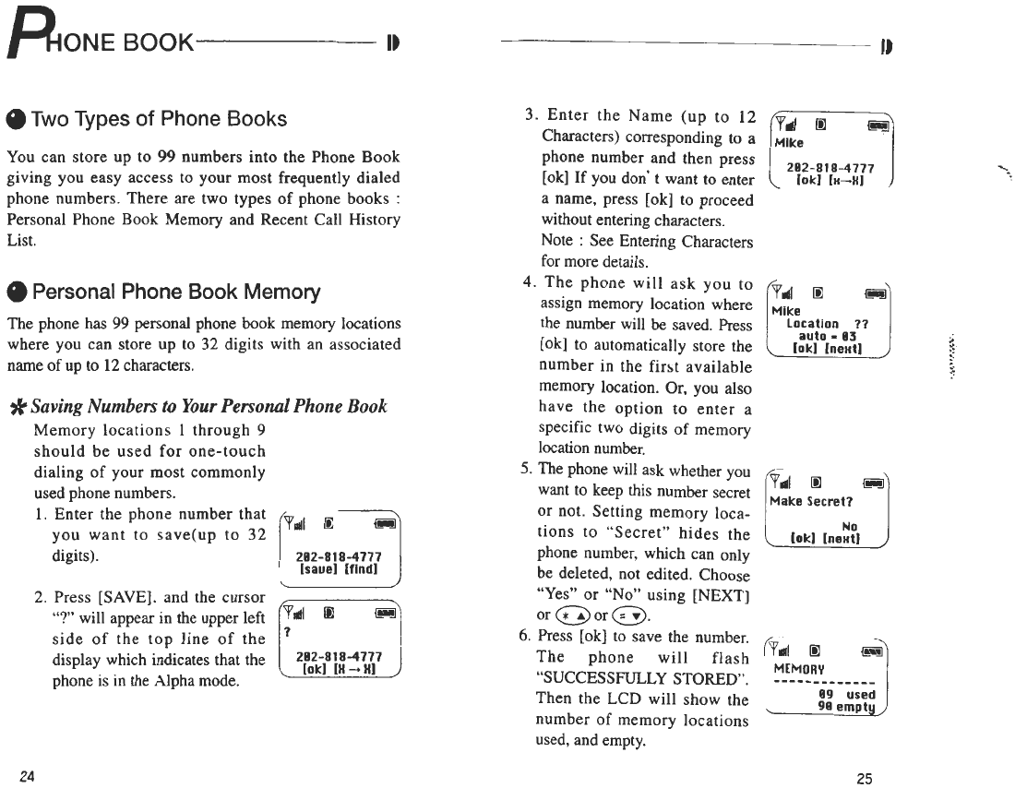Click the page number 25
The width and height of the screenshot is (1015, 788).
pyautogui.click(x=864, y=778)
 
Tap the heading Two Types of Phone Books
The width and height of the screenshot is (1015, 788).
pyautogui.click(x=159, y=119)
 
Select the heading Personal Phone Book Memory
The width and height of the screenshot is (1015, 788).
pyautogui.click(x=175, y=293)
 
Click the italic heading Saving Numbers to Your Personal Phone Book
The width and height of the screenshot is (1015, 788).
pyautogui.click(x=209, y=407)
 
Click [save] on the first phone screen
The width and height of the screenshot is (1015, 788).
pyautogui.click(x=318, y=570)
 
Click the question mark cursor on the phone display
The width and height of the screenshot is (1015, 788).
pyautogui.click(x=288, y=632)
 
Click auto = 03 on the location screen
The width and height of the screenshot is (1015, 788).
pyautogui.click(x=829, y=336)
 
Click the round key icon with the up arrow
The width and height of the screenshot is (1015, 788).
pyautogui.click(x=572, y=615)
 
